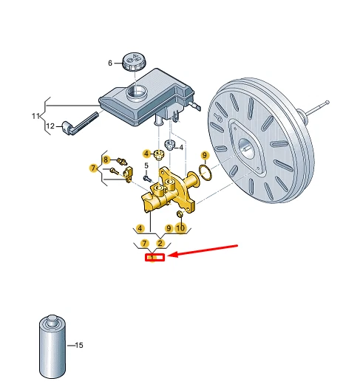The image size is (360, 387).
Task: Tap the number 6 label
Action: pos(111,64)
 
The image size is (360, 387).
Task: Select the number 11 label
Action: pos(34,116)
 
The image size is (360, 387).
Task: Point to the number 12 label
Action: pos(50,126)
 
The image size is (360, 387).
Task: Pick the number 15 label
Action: pos(79,346)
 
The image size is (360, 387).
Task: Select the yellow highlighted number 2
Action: pos(160,242)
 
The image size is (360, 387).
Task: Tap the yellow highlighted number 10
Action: pos(180,228)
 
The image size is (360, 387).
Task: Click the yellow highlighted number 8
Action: pos(106,160)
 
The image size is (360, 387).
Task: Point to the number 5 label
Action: pos(146,165)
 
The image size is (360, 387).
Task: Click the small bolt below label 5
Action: pos(147,177)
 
